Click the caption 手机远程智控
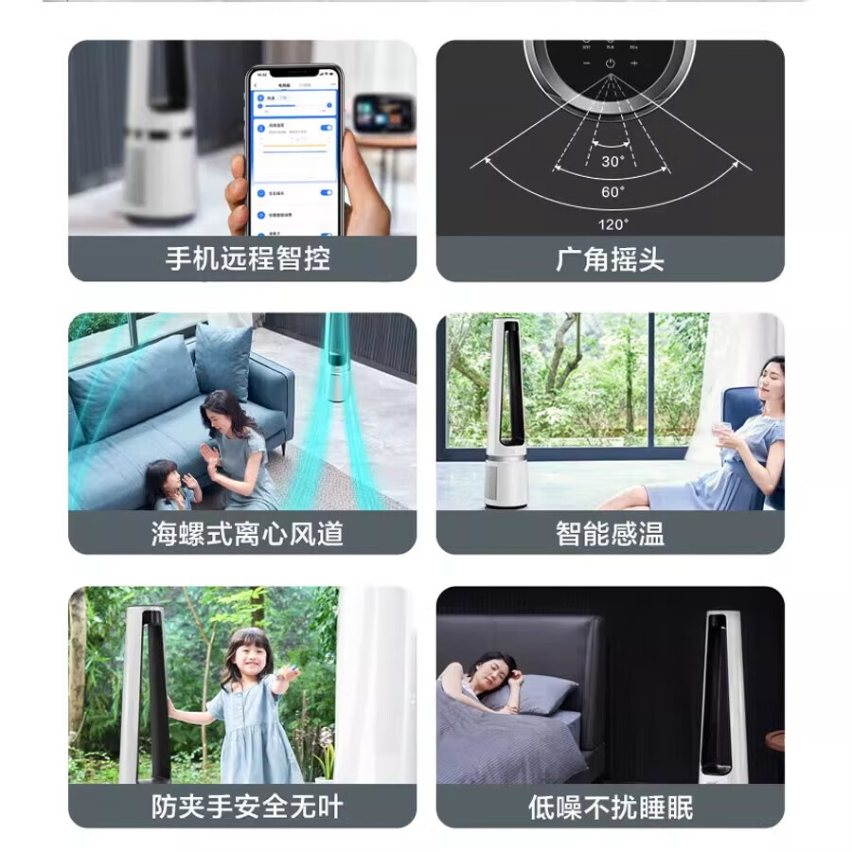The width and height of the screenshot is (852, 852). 248,258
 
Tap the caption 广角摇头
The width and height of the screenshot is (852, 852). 610,258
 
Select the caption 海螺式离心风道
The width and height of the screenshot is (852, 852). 247,533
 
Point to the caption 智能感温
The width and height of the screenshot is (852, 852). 610,533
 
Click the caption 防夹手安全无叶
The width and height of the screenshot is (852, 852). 247,807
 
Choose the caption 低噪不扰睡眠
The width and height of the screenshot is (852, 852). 610,807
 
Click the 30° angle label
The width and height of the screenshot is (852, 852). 612,161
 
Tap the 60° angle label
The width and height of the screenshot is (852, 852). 612,191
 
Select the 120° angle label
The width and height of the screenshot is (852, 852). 612,223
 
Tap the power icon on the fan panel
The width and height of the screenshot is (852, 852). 611,63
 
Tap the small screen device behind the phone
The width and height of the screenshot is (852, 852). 383,114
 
